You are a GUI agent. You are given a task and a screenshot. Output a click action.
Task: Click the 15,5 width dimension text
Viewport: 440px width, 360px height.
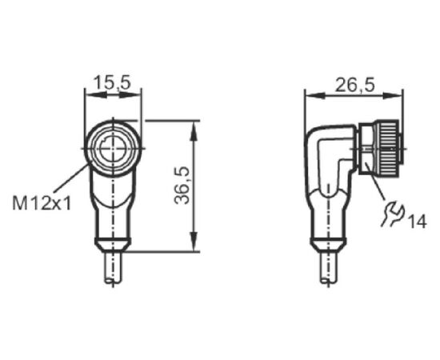tap(113, 82)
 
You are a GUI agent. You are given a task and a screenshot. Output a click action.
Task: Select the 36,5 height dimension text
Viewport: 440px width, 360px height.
tap(182, 186)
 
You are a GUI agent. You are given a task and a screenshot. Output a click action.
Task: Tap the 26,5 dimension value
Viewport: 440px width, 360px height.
tap(355, 85)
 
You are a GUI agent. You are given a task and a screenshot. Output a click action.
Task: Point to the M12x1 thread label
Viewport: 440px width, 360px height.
tap(42, 204)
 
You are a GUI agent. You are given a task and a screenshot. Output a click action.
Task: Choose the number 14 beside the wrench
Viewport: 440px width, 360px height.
tap(417, 222)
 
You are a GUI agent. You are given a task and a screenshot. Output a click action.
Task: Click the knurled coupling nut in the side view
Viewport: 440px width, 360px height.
tap(388, 148)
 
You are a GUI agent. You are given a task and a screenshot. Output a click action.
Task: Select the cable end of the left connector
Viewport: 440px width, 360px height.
tap(113, 267)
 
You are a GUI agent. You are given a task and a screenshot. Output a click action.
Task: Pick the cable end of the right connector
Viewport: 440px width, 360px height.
tap(328, 267)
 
